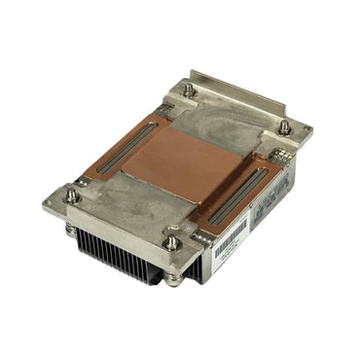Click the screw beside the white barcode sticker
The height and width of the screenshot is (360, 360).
click(x=171, y=244)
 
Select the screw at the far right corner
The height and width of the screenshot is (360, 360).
click(x=284, y=127)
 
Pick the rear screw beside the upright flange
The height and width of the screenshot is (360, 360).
click(x=189, y=91)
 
